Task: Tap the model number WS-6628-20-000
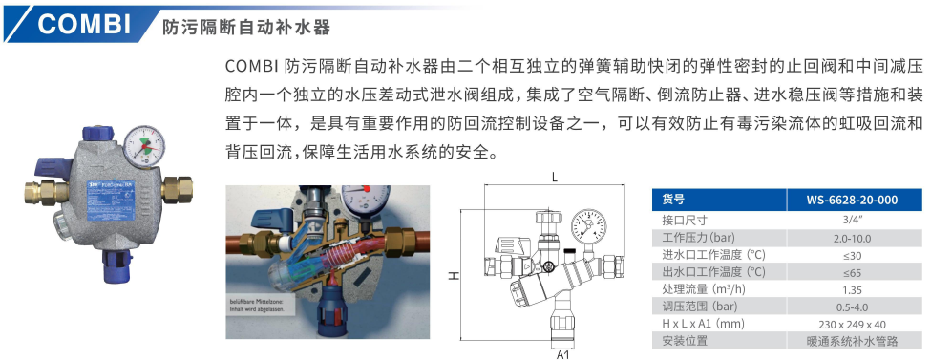[853, 200]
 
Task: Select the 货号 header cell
[673, 200]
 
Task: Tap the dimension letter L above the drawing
[555, 177]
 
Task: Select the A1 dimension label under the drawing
[562, 353]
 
